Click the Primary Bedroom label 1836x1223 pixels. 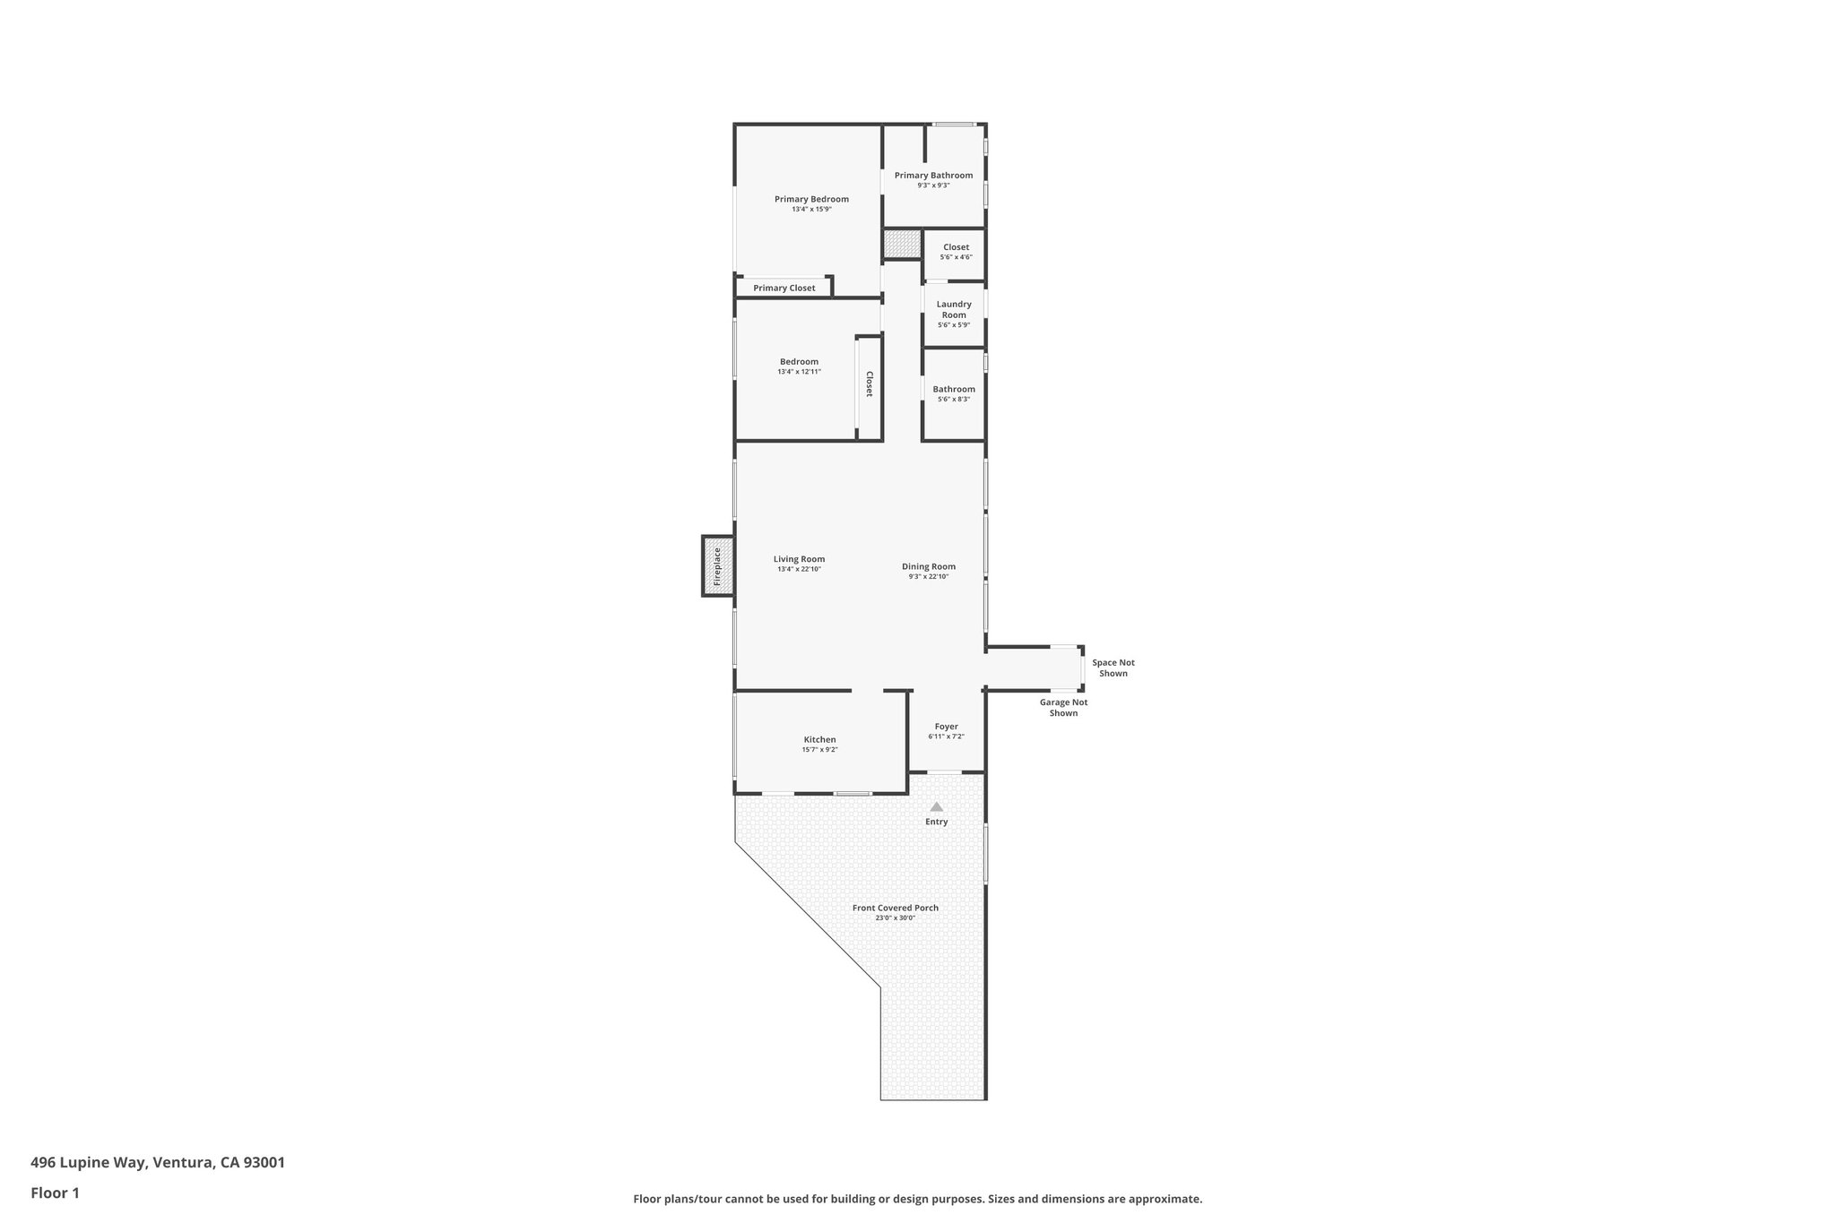811,199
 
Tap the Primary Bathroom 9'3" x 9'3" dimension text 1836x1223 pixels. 933,185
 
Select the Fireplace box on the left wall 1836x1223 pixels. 717,566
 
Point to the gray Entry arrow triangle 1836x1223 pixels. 937,807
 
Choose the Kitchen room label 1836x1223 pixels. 819,739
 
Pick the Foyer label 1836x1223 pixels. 946,727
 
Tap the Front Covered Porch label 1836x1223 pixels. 895,908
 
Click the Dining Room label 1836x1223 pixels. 929,566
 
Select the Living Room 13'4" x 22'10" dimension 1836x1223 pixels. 799,569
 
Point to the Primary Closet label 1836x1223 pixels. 784,288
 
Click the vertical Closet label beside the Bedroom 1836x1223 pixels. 869,384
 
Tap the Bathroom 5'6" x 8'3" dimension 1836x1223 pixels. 954,400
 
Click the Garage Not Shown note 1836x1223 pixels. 1063,708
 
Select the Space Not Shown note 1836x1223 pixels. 1113,668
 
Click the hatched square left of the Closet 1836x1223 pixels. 902,244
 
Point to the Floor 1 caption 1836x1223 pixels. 56,1193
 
